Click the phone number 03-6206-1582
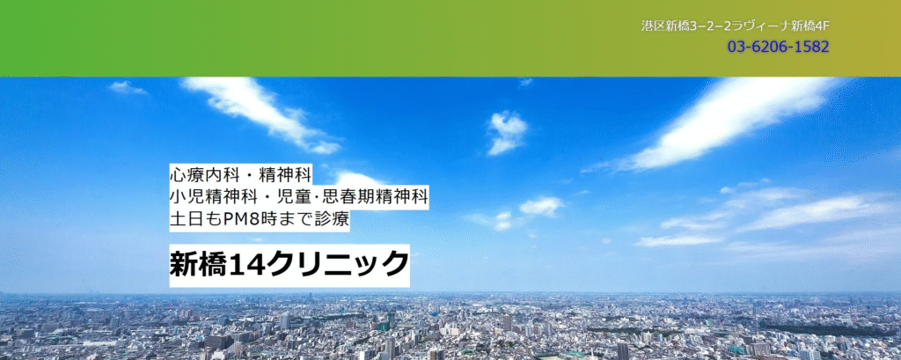coord(778,47)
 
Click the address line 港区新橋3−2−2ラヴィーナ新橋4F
coord(736,26)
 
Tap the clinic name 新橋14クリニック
coord(289,265)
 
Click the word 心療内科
coord(195,173)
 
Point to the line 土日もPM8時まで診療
coord(260,220)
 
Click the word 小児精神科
coord(202,196)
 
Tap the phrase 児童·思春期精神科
coord(344,196)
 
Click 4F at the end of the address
coord(823,26)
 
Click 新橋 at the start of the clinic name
coord(199,265)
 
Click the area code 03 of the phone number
coord(736,47)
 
